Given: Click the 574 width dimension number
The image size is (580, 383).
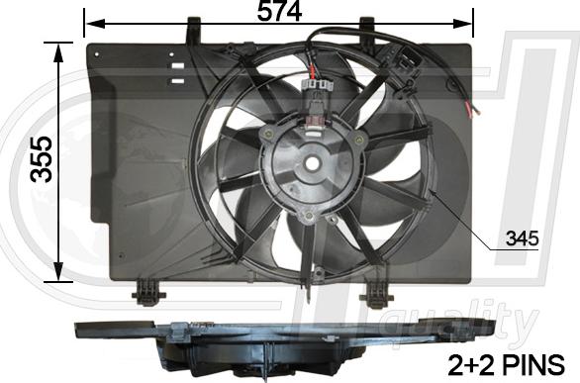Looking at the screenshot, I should [x=279, y=12].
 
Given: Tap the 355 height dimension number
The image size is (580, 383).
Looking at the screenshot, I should [x=41, y=159].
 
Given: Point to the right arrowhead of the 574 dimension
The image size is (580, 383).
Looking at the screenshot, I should [x=468, y=19].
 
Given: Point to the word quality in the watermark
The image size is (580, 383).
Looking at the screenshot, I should [x=485, y=322].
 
